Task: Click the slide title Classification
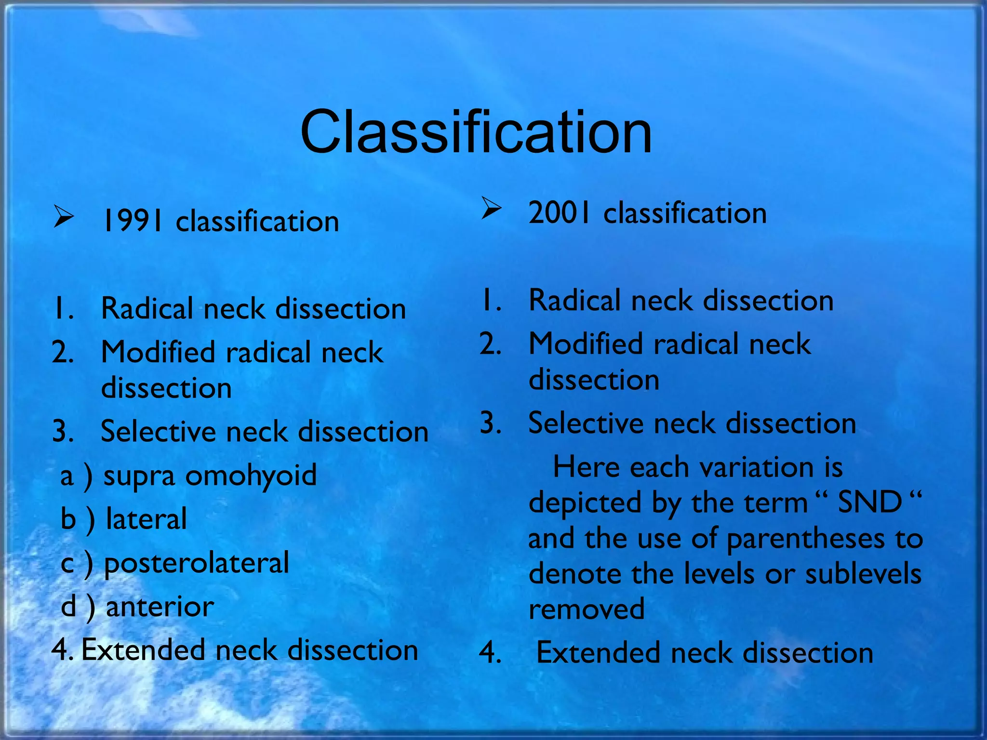pyautogui.click(x=476, y=132)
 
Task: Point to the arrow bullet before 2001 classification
pyautogui.click(x=491, y=209)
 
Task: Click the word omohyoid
pyautogui.click(x=251, y=476)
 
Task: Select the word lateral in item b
pyautogui.click(x=146, y=519)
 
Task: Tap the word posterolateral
pyautogui.click(x=197, y=563)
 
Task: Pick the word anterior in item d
pyautogui.click(x=160, y=606)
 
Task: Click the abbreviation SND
pyautogui.click(x=870, y=502)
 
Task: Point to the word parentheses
pyautogui.click(x=805, y=539)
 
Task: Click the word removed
pyautogui.click(x=587, y=609)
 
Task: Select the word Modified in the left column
pyautogui.click(x=158, y=352)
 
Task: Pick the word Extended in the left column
pyautogui.click(x=143, y=650)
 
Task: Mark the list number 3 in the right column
pyautogui.click(x=490, y=423)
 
